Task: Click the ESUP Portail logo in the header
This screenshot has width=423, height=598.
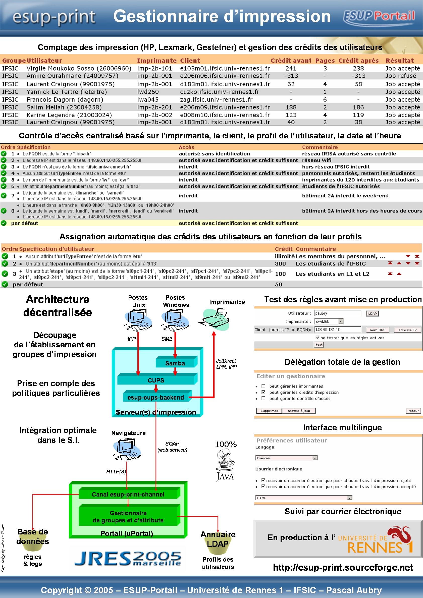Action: [x=379, y=17]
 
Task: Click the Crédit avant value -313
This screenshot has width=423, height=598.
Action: [x=291, y=76]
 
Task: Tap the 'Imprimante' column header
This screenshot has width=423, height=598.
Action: [x=157, y=61]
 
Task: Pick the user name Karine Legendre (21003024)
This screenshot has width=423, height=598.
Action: [x=69, y=115]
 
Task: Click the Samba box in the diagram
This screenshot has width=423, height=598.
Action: [x=175, y=363]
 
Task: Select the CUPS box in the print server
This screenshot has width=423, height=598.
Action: [x=156, y=380]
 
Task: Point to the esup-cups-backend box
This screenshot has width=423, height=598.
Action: [x=156, y=397]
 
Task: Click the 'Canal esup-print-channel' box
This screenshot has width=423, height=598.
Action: [x=128, y=494]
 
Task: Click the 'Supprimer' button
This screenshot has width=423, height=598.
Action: [x=269, y=411]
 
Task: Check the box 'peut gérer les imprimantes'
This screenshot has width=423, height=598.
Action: [x=263, y=386]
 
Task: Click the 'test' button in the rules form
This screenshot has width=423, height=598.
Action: [x=319, y=345]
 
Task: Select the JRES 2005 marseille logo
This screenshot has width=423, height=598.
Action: [x=128, y=559]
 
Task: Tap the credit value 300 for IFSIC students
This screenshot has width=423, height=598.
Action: [x=280, y=263]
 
